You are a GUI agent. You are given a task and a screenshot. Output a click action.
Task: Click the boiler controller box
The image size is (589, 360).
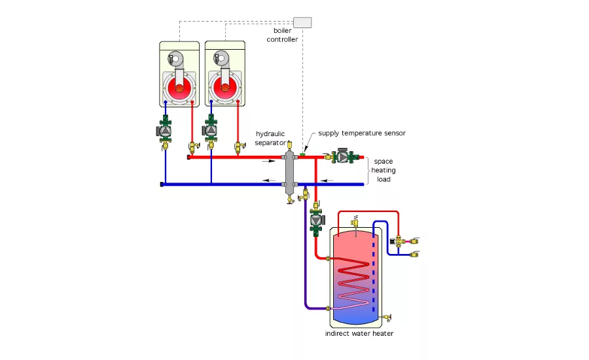click(x=302, y=22)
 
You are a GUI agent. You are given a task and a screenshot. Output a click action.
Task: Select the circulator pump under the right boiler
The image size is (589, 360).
click(x=211, y=130)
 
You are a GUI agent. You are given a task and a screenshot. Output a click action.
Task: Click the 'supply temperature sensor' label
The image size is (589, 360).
click(x=362, y=133)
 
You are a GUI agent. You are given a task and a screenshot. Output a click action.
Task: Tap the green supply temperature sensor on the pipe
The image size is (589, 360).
click(x=303, y=154)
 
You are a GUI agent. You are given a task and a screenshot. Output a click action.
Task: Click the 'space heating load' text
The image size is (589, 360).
click(x=384, y=170)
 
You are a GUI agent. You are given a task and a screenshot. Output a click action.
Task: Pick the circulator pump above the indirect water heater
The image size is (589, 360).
click(x=316, y=221)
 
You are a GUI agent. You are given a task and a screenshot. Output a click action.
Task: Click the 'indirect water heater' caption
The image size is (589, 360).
click(x=359, y=334)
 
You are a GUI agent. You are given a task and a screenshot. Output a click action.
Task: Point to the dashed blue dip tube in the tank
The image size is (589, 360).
click(x=374, y=275)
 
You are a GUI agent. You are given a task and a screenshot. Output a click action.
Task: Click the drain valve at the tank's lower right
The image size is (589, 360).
click(x=389, y=317)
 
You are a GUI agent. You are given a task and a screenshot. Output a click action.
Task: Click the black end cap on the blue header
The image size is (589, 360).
click(x=162, y=185)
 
